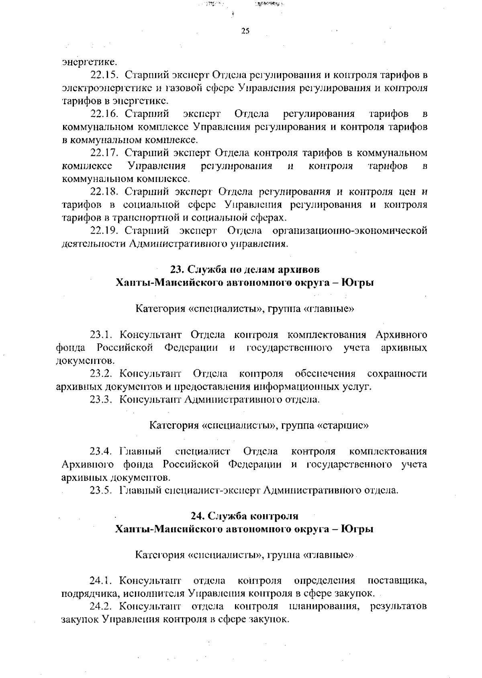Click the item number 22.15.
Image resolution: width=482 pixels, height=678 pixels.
104,75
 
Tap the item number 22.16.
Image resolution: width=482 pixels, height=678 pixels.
104,114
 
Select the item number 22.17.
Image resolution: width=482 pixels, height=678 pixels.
104,153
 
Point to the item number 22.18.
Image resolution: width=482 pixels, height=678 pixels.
104,192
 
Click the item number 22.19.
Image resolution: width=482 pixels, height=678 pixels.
104,231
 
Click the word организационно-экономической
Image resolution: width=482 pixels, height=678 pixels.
349,231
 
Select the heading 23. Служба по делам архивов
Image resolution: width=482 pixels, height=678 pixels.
245,269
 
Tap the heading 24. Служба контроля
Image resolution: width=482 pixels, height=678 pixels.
245,516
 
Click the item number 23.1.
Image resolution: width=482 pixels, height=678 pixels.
103,335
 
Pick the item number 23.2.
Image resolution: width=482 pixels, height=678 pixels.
103,374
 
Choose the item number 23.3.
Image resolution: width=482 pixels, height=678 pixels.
103,400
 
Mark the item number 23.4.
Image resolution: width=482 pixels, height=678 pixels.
103,451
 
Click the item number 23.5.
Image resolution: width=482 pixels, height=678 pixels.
103,490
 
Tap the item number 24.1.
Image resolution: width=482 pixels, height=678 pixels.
103,581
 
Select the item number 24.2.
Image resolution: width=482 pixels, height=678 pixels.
103,606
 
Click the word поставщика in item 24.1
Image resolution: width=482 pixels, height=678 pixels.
397,581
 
